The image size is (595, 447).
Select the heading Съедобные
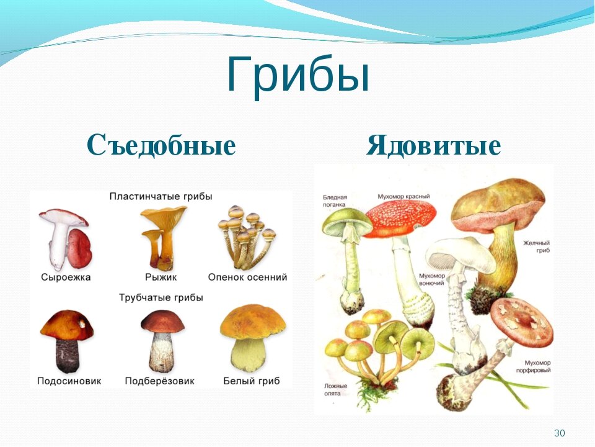pos(161,145)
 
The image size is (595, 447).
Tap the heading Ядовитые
pos(433,145)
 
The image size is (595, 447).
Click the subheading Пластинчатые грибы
pos(161,197)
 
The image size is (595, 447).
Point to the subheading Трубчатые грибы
pos(161,297)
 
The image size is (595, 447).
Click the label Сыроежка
pos(66,278)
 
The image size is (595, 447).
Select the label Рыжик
pos(161,278)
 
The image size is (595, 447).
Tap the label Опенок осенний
pos(247,278)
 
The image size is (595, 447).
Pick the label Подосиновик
pos(69,381)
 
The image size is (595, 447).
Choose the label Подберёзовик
pos(160,381)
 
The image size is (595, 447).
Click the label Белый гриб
pos(252,381)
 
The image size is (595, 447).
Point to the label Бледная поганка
pos(335,201)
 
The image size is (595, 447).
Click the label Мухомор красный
pos(403,197)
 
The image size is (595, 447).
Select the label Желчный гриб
pos(537,246)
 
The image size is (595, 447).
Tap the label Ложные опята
pos(335,390)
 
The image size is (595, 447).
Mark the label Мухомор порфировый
pos(534,367)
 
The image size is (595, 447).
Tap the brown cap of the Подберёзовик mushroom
pos(162,321)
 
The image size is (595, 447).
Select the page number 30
pos(559,433)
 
